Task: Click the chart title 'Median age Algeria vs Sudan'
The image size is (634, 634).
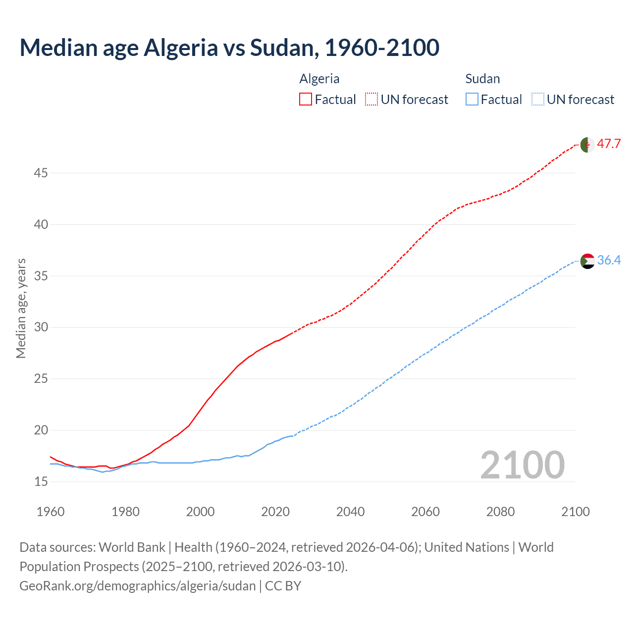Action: tap(229, 48)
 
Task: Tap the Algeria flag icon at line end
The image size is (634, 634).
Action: tap(587, 145)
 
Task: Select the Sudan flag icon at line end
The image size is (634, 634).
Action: tap(587, 261)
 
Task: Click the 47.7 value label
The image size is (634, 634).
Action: tap(609, 144)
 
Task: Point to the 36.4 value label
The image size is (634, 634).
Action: tap(609, 260)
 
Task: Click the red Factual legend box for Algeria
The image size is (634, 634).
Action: tap(306, 100)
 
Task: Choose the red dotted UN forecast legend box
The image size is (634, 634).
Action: tap(371, 100)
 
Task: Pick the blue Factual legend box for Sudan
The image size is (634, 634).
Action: tap(472, 100)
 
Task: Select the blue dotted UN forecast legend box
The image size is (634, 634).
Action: tap(537, 100)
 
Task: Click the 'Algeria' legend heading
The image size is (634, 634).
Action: tap(319, 79)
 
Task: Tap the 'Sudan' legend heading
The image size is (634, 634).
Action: tap(482, 79)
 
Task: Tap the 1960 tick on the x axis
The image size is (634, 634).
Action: tap(51, 512)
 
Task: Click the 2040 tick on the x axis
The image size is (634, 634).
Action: tap(350, 512)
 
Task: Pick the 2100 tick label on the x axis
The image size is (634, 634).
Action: tap(576, 512)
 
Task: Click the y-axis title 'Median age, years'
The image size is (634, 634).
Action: tap(21, 308)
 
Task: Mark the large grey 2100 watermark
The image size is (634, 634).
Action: tap(522, 465)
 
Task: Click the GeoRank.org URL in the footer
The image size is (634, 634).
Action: tap(138, 586)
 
